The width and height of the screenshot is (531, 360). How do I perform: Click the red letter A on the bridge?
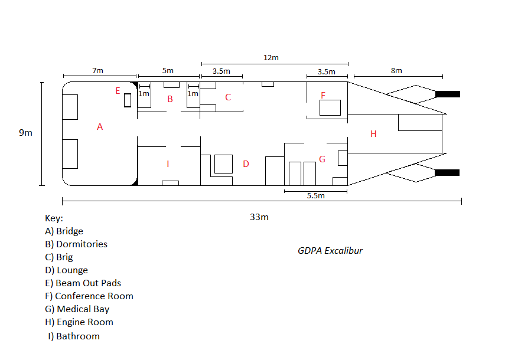click(x=100, y=126)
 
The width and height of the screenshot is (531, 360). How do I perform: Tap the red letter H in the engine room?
click(x=373, y=134)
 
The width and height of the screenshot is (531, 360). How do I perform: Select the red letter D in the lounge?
click(x=246, y=163)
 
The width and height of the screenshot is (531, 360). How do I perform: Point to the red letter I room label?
click(x=168, y=163)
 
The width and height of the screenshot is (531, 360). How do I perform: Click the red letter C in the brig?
click(x=227, y=97)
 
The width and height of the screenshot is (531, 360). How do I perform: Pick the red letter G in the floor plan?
click(x=322, y=159)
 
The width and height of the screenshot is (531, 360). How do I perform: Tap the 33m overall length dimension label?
click(x=259, y=217)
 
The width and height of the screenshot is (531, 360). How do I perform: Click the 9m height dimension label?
click(x=25, y=133)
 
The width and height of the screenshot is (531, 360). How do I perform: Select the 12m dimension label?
click(x=271, y=58)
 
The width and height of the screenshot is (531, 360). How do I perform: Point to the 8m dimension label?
click(x=396, y=70)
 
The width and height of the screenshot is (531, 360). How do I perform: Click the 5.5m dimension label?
click(x=315, y=196)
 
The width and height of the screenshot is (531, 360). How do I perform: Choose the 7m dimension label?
click(x=97, y=70)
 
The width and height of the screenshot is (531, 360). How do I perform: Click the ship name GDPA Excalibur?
click(x=330, y=250)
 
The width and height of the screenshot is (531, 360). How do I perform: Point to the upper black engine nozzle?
click(x=447, y=94)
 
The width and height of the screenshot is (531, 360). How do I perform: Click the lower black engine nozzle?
click(x=447, y=172)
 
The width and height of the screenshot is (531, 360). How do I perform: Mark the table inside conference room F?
click(x=330, y=108)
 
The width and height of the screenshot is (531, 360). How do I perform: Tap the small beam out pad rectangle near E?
click(x=127, y=100)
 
